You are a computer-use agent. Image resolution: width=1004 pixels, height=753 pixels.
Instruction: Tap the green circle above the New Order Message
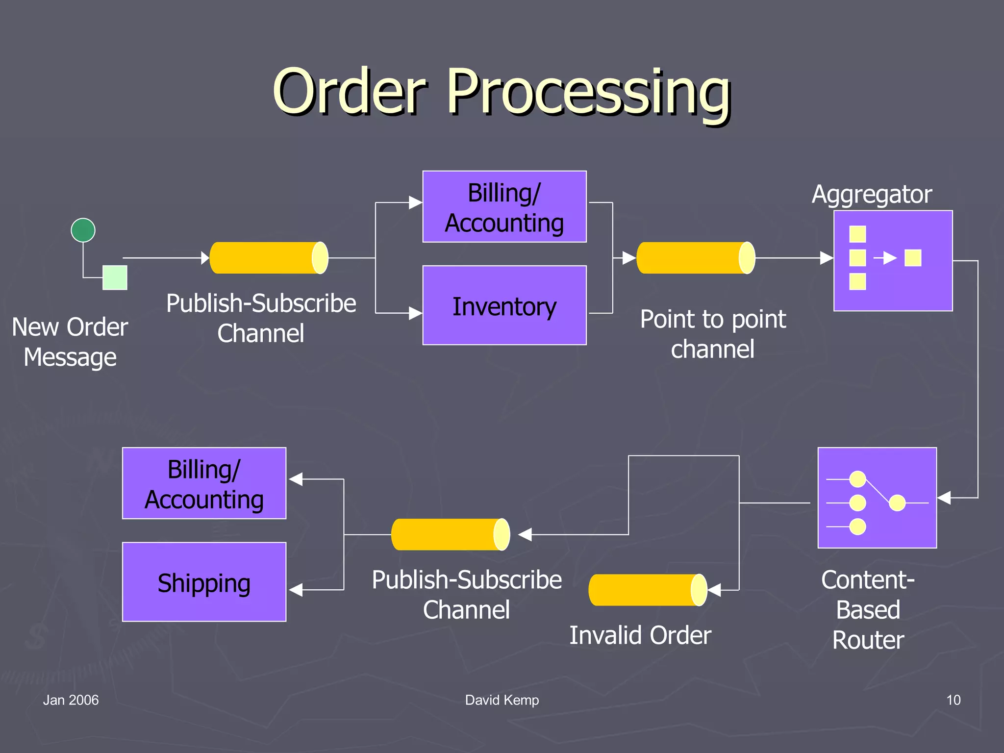[x=83, y=230]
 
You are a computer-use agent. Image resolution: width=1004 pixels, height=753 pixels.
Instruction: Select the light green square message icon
[x=115, y=277]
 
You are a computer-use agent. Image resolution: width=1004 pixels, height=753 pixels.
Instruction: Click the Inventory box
[x=504, y=305]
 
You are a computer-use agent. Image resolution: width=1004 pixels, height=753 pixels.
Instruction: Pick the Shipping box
[x=204, y=582]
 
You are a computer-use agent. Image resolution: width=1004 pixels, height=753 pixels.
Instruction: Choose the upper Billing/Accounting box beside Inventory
[x=504, y=207]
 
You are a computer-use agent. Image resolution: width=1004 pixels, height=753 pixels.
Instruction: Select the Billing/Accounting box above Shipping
[x=204, y=483]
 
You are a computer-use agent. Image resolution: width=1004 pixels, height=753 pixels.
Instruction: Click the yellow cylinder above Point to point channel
[x=695, y=258]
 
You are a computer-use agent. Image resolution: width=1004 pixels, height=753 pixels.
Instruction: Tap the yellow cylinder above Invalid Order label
[x=647, y=590]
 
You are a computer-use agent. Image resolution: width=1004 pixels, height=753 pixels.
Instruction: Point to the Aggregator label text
[x=872, y=194]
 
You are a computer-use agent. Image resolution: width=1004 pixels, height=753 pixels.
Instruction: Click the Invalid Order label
[x=640, y=635]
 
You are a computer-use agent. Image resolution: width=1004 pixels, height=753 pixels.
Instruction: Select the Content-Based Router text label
[x=868, y=610]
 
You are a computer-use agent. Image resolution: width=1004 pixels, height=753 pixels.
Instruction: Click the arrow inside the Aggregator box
[x=885, y=258]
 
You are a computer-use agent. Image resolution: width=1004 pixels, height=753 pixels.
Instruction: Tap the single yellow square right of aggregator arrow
[x=913, y=258]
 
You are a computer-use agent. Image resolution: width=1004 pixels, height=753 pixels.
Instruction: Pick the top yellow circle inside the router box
[x=857, y=479]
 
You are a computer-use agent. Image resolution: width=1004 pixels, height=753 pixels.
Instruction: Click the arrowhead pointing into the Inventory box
[x=415, y=313]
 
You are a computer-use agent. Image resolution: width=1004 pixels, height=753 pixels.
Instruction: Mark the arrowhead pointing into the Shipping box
[x=296, y=590]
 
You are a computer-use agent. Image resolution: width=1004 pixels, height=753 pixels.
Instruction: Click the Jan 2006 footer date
[x=71, y=700]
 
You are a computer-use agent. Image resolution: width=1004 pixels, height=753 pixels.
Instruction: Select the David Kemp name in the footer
[x=502, y=700]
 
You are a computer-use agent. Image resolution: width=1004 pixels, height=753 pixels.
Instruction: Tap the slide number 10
[x=953, y=700]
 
